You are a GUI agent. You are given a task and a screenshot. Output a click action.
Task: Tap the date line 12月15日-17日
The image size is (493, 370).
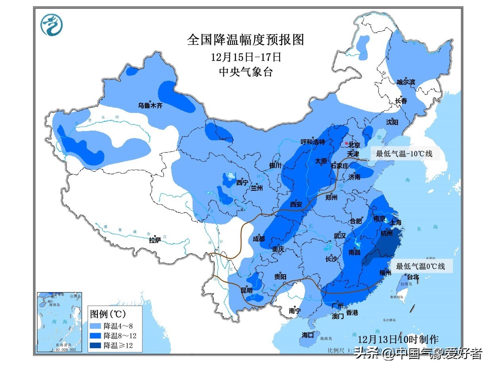[246, 57]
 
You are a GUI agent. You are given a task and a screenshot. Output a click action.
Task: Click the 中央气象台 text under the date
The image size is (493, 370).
[246, 72]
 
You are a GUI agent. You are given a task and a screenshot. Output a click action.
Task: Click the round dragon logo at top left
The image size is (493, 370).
[52, 25]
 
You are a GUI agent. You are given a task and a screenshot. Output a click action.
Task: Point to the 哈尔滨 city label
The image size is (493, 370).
[406, 82]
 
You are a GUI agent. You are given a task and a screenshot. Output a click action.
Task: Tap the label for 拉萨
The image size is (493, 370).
[155, 240]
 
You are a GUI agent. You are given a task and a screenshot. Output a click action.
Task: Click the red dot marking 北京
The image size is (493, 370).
[346, 143]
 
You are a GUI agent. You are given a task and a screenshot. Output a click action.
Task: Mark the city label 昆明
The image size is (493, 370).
[246, 291]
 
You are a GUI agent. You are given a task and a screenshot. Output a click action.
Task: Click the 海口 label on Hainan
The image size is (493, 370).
[307, 335]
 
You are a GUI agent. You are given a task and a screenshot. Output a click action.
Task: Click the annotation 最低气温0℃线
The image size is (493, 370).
[420, 266]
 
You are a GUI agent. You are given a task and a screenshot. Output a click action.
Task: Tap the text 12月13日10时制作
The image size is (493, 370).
[398, 339]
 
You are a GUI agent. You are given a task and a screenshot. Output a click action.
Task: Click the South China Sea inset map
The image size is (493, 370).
[59, 322]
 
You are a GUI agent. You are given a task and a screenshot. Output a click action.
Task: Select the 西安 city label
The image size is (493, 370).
[296, 204]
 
